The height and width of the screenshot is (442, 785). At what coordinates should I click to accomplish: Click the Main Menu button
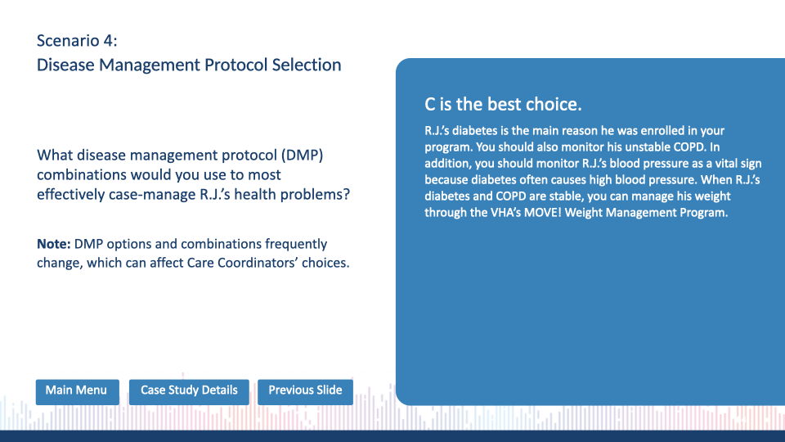click(77, 392)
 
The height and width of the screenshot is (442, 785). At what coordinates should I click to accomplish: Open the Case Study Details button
click(189, 392)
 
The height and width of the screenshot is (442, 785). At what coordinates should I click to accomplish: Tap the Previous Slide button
click(305, 392)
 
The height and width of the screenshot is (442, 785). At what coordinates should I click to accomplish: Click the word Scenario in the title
click(68, 41)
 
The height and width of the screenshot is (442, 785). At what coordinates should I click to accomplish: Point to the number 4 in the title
click(110, 41)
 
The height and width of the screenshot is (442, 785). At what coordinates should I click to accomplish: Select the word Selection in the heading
click(307, 65)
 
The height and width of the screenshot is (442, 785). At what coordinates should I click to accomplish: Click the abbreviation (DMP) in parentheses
click(302, 156)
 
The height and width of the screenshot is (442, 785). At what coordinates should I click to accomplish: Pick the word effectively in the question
click(70, 195)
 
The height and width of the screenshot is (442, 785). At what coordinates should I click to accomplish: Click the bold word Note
click(54, 244)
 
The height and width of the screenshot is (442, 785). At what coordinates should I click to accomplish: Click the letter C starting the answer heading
click(430, 104)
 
